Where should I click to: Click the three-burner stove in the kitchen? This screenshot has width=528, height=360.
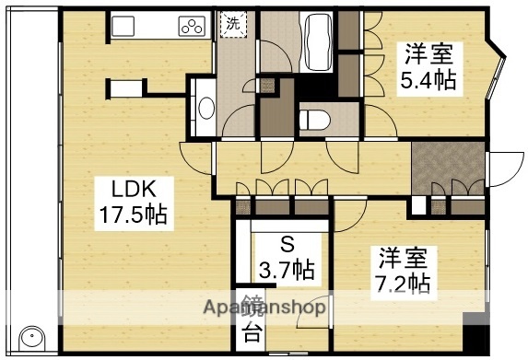click(x=192, y=28)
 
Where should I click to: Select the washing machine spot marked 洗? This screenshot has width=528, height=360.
click(x=232, y=26)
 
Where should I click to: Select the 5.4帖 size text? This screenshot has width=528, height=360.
click(x=427, y=80)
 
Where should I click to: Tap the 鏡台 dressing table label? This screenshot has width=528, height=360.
click(x=251, y=320)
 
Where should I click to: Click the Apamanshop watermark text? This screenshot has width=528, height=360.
click(x=267, y=307)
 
